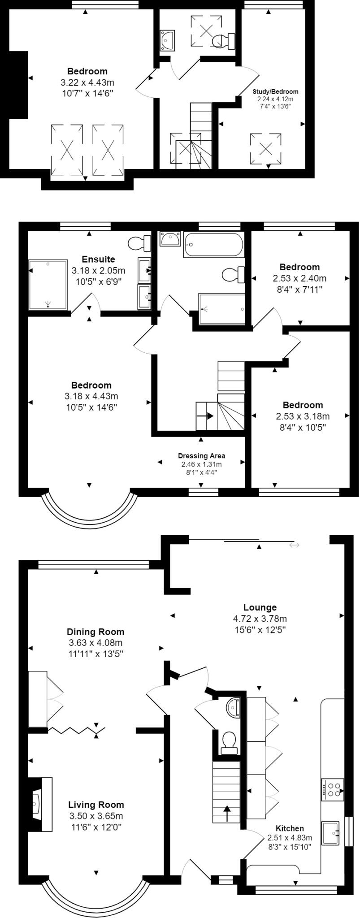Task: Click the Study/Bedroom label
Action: coord(275,91)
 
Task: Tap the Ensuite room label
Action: coord(98,259)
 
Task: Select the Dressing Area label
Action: coord(201,456)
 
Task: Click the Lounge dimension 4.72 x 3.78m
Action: coord(260,619)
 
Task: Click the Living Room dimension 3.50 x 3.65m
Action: coord(96,816)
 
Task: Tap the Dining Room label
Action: coord(95,632)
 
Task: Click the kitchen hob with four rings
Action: coord(332,789)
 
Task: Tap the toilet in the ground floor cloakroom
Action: coord(229,740)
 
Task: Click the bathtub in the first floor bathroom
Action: coord(213,245)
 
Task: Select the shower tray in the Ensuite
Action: coord(48,284)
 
